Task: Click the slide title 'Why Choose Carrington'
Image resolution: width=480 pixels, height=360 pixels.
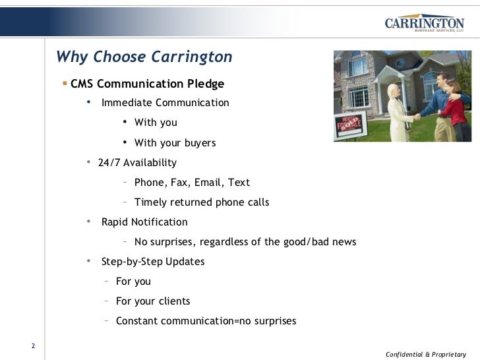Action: (x=144, y=57)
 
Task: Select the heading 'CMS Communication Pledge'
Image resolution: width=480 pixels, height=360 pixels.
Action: (x=147, y=84)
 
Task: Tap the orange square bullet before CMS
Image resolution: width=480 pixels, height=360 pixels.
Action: (x=65, y=84)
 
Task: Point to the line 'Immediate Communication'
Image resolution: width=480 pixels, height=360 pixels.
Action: (x=165, y=103)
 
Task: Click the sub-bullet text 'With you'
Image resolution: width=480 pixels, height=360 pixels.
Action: (x=156, y=123)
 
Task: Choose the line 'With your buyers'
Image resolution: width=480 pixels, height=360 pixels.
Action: (x=175, y=143)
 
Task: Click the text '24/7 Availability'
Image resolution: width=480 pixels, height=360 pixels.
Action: (x=137, y=163)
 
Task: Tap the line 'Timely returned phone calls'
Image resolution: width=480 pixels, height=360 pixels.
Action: (x=201, y=202)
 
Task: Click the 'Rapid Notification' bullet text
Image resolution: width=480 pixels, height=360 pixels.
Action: (x=144, y=222)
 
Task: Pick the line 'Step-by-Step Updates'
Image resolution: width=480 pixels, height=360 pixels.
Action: (x=153, y=262)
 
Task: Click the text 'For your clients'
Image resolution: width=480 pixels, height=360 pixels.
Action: (x=153, y=301)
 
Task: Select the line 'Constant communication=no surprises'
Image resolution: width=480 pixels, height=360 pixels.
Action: (x=206, y=321)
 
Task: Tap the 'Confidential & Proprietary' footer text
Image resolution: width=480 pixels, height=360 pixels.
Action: (x=426, y=354)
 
